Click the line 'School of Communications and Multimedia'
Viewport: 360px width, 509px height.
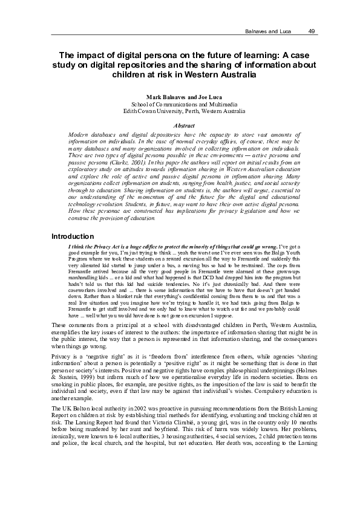[180, 104]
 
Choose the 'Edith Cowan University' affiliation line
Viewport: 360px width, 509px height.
[180, 111]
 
